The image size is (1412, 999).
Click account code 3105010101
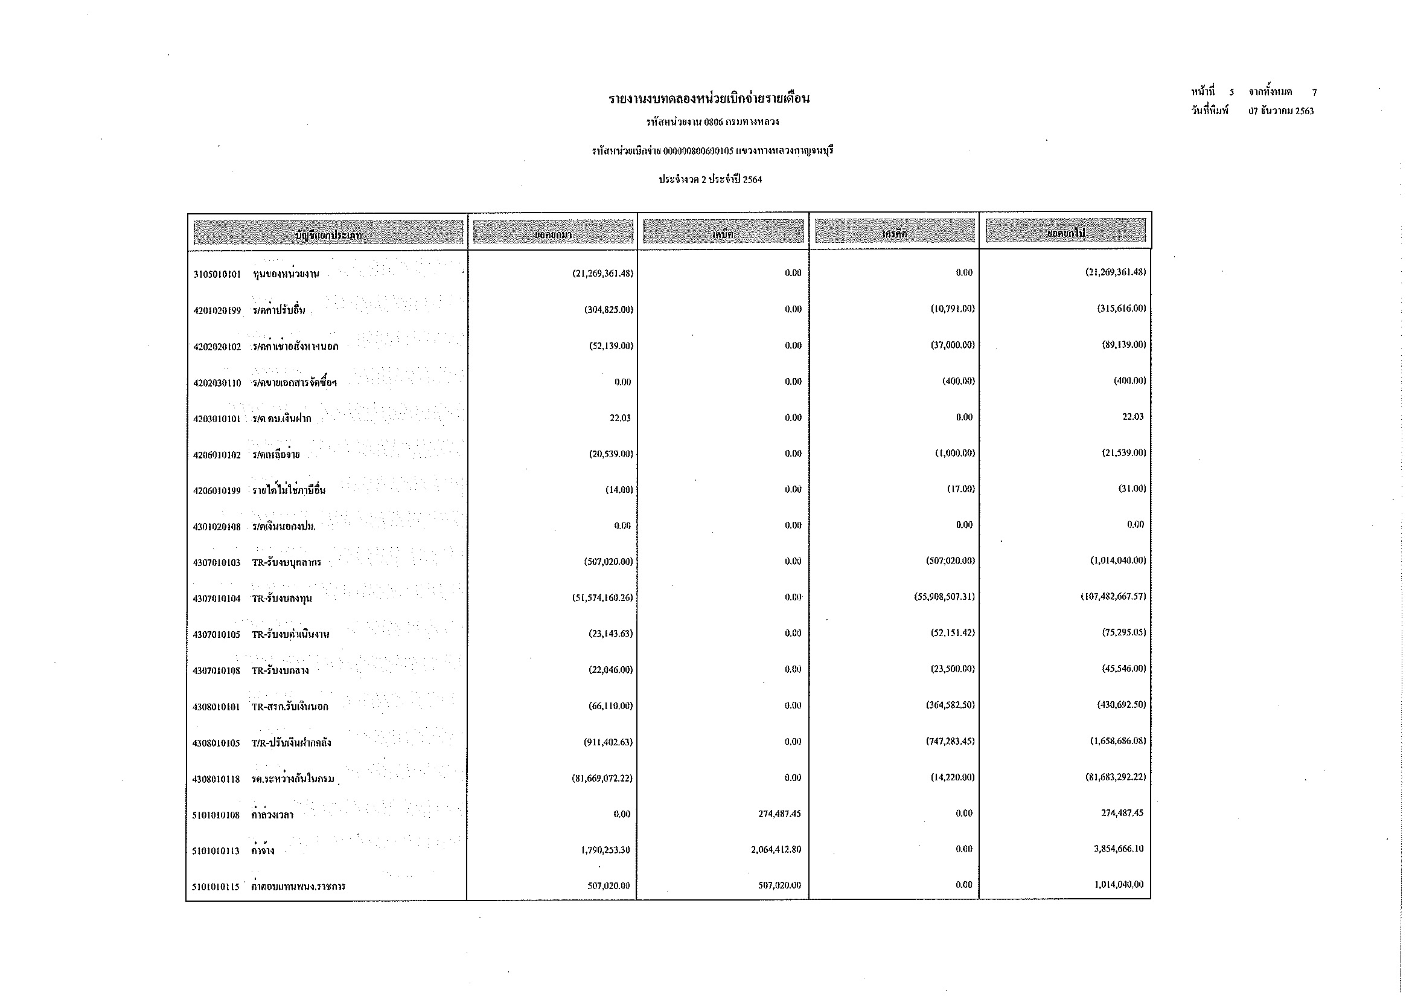click(217, 274)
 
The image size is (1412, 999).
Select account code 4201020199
click(217, 310)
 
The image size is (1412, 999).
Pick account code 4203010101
click(217, 420)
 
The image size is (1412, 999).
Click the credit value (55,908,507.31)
click(944, 597)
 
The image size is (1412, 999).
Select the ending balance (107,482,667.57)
click(1113, 597)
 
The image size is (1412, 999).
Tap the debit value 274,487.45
click(779, 814)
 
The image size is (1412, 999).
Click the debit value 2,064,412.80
click(776, 850)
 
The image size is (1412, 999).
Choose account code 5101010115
click(216, 887)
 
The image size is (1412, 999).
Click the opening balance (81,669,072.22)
click(602, 778)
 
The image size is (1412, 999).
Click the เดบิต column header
click(723, 234)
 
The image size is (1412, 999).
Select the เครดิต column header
click(894, 234)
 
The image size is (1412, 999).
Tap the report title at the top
click(709, 99)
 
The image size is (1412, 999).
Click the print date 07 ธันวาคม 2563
click(1281, 111)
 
